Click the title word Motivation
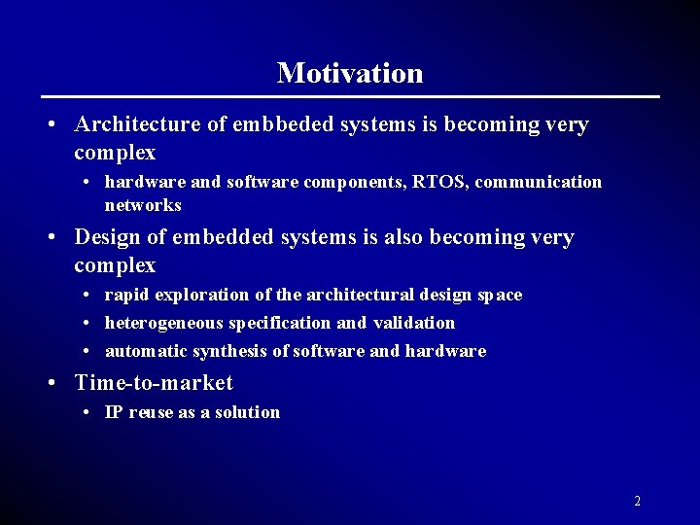[350, 73]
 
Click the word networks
[143, 205]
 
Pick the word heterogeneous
[164, 323]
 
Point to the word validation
[414, 323]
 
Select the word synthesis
[238, 351]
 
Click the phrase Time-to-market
[154, 383]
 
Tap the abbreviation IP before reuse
[114, 412]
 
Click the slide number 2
[637, 502]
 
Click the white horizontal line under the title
[350, 96]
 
